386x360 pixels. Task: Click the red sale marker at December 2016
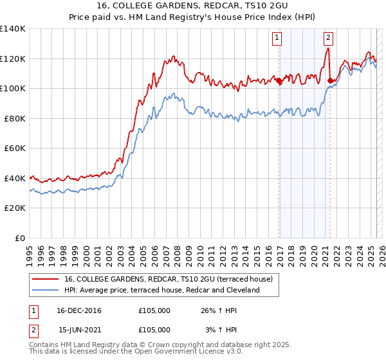click(x=279, y=81)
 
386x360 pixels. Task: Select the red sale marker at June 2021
click(x=330, y=81)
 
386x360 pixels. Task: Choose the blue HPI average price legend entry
click(x=161, y=290)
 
